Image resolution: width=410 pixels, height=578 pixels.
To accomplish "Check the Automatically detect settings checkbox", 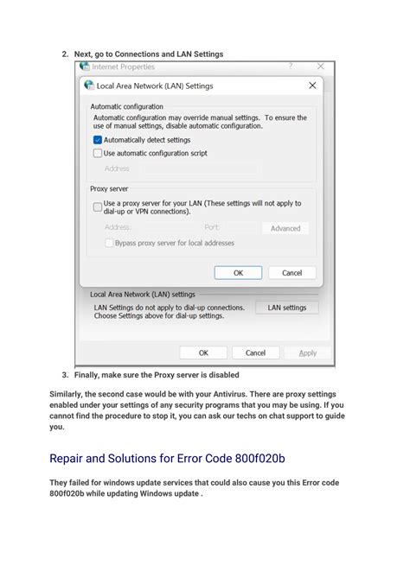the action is point(98,139).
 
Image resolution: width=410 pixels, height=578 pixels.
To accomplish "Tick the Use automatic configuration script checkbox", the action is point(98,153).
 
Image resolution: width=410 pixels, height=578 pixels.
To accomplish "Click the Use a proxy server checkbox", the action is point(98,206).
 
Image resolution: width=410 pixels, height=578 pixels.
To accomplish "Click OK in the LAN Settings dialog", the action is point(237,272).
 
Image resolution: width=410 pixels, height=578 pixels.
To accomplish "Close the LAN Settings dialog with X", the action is point(312,86).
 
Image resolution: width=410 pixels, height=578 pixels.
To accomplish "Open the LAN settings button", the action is point(286,307).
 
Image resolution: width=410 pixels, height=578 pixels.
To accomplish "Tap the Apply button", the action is point(308,353).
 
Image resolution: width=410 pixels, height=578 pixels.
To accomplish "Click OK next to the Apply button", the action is point(203,353).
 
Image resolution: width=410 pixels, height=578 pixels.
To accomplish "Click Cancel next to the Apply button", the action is point(255,353).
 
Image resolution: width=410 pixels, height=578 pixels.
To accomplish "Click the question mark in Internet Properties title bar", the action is point(290,66).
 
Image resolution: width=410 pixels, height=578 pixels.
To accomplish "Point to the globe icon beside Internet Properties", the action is point(85,67).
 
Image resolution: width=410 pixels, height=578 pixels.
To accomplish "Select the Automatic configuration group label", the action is point(126,106).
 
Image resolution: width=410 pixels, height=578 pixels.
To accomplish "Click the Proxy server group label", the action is point(109,187).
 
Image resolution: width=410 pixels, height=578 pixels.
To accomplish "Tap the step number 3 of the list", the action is point(65,375).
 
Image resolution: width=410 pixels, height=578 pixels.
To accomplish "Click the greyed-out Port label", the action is point(212,227).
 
